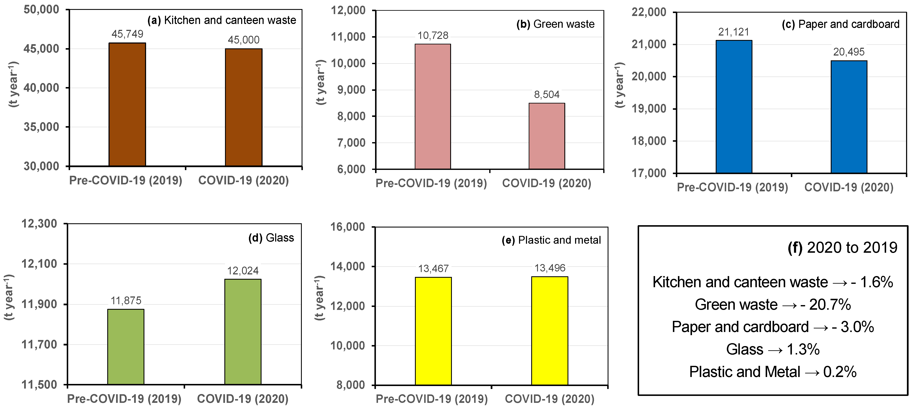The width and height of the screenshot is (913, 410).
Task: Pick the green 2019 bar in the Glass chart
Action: tap(126, 347)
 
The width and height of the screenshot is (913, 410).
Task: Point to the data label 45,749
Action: tap(127, 34)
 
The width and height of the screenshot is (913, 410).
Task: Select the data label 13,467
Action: tap(433, 269)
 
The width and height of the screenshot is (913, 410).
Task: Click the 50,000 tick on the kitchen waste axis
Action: tap(42, 10)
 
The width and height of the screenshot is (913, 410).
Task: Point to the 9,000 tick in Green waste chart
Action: tap(351, 90)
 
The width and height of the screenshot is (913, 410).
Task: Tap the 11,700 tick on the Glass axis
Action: tap(39, 344)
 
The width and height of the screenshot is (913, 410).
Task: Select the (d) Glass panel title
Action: tap(271, 238)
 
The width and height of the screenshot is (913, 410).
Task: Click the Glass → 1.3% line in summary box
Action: tap(773, 349)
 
